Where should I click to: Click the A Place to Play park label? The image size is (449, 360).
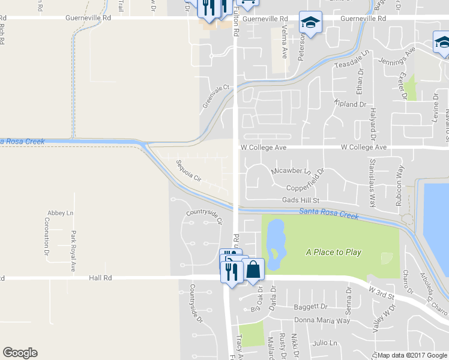click(x=333, y=252)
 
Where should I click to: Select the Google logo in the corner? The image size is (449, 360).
click(x=20, y=353)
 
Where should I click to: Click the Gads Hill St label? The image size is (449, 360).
click(x=303, y=200)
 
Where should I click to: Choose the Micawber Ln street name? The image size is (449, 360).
click(x=291, y=171)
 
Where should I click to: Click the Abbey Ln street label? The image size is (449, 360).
click(x=61, y=213)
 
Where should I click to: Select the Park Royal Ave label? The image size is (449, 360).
click(x=73, y=251)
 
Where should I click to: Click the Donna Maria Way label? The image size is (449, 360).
click(x=326, y=320)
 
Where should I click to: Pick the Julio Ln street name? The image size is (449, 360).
click(x=325, y=343)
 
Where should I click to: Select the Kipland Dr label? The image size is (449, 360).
click(x=350, y=104)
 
